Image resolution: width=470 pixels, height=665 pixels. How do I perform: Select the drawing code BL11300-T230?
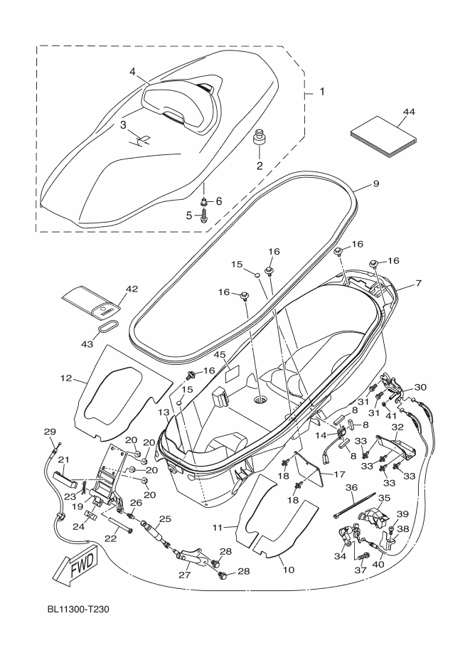point(78,610)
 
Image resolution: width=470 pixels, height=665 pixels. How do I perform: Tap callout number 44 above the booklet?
point(409,112)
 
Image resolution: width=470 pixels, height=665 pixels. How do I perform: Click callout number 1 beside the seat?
point(322,91)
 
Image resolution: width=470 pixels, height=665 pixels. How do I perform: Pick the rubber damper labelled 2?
point(260,137)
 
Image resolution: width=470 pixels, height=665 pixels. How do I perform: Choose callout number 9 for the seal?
point(375,183)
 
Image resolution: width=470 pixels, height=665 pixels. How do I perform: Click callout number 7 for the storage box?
point(419,283)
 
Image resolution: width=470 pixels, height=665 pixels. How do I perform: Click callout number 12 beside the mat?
point(66,378)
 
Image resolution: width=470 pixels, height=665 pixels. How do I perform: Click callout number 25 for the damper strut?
point(165,519)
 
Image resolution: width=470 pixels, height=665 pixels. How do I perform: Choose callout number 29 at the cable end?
point(50,432)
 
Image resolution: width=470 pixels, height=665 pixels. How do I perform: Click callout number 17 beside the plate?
point(339,474)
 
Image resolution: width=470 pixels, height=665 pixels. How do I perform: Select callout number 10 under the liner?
point(288,570)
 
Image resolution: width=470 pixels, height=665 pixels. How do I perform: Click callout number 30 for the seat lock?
point(420,387)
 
